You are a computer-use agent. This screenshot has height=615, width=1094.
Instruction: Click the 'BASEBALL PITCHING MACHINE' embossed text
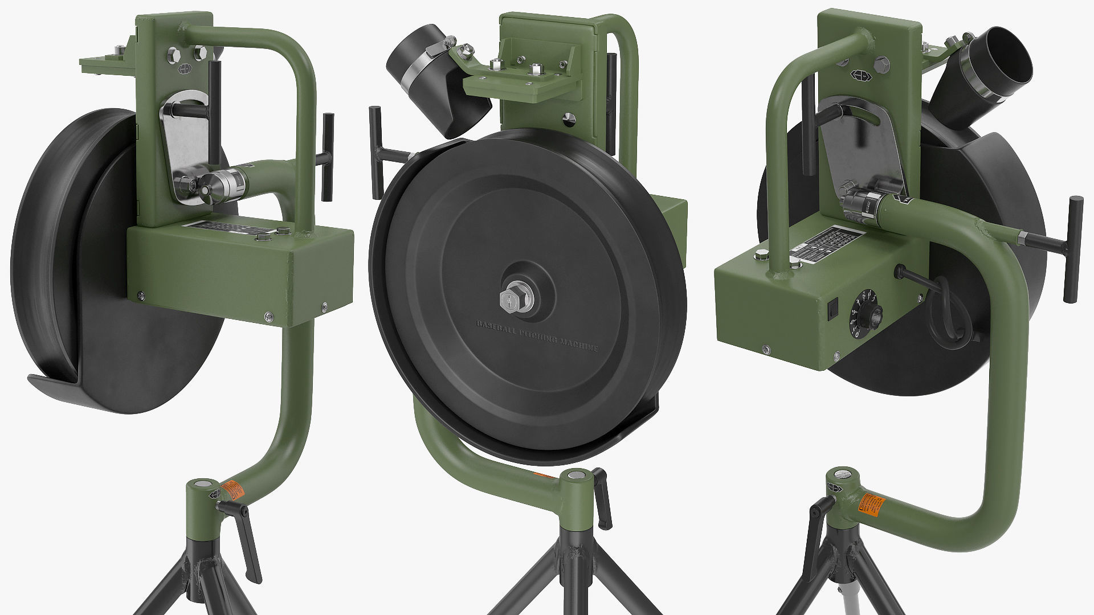(537, 336)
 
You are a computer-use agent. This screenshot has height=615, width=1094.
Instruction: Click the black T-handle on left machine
(327, 157)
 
